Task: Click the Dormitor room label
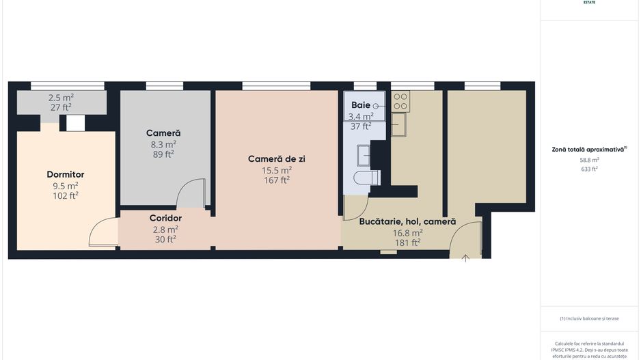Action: point(66,174)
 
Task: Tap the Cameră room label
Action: point(163,133)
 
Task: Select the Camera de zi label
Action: point(276,158)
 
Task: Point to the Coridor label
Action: point(165,218)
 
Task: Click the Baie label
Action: point(361,105)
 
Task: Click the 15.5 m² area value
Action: point(277,170)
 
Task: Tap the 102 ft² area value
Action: point(66,195)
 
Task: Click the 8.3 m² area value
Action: point(163,144)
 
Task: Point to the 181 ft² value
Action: point(407,242)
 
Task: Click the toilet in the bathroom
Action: point(366,178)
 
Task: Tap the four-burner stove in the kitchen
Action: point(401,102)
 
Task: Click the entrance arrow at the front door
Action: point(465,258)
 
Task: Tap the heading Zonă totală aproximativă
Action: point(589,149)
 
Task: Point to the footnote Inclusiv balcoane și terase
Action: point(589,318)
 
